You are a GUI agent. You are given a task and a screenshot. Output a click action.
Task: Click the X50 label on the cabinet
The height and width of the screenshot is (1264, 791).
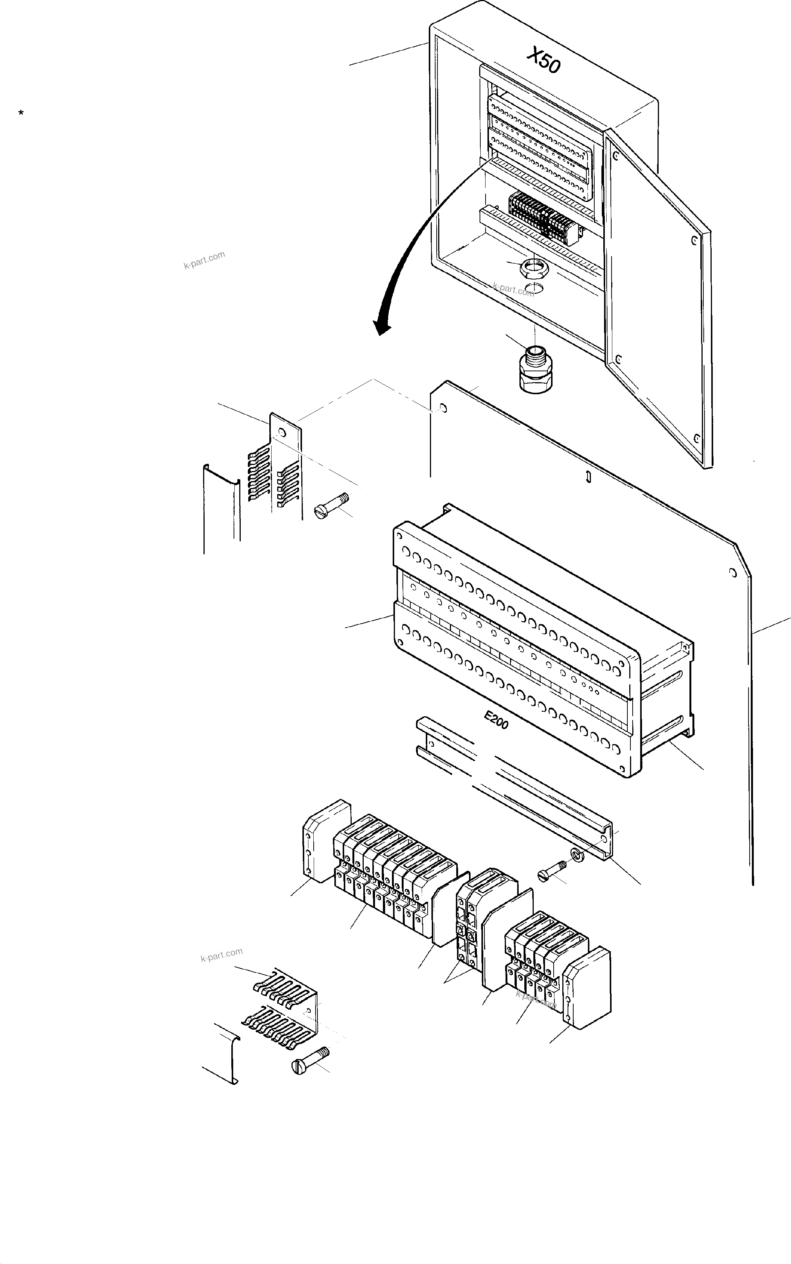[544, 60]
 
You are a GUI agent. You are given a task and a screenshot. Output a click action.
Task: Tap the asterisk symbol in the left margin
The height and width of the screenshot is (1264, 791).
[21, 113]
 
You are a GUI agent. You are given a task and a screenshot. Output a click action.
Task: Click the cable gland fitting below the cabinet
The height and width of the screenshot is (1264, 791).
[534, 368]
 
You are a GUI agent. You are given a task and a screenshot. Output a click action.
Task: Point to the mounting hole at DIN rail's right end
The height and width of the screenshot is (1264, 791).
[605, 840]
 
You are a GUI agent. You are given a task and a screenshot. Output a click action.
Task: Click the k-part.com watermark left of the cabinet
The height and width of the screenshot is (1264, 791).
[204, 260]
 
